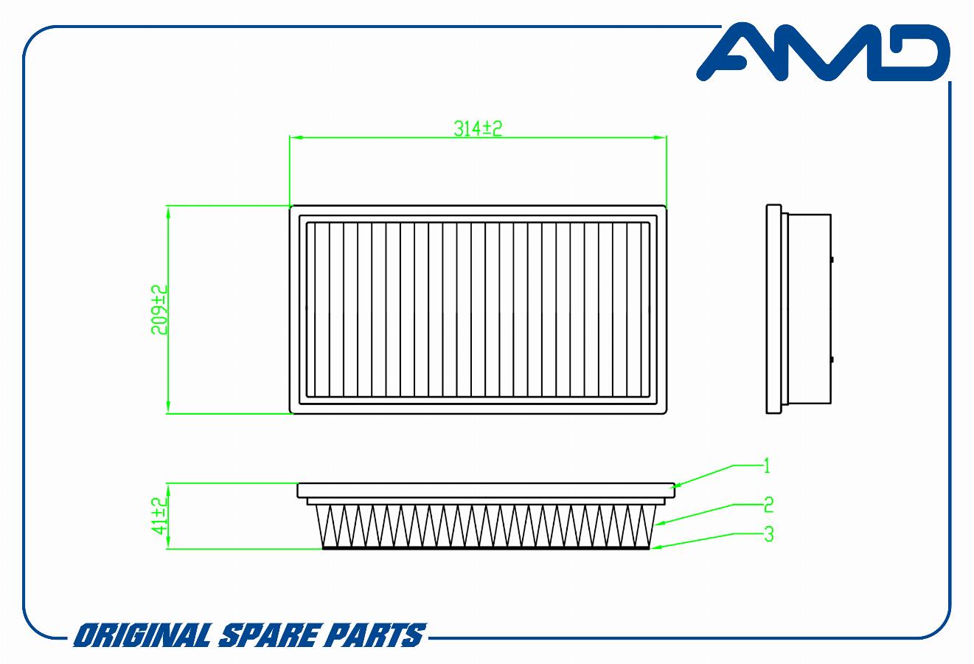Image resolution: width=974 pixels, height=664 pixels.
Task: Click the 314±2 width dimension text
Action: click(478, 128)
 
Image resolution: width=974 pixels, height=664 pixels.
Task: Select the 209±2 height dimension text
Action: click(159, 310)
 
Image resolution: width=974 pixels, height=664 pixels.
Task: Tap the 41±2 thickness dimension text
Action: click(159, 516)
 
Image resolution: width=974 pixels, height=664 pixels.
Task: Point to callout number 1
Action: click(767, 466)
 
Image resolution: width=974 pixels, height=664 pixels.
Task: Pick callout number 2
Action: click(769, 505)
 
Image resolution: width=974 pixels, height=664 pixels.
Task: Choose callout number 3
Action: click(769, 534)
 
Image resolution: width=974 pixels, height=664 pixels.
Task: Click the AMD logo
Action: click(823, 52)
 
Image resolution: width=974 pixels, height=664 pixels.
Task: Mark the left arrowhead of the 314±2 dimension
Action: click(296, 137)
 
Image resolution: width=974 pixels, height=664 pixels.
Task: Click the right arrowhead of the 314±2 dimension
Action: click(661, 137)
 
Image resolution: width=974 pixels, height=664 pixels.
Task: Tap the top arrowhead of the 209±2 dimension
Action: click(169, 212)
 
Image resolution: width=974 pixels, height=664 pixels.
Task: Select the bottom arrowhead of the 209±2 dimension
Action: click(169, 407)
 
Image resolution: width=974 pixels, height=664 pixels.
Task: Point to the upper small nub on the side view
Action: click(832, 260)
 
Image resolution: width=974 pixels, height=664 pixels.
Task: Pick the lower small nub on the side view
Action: click(832, 360)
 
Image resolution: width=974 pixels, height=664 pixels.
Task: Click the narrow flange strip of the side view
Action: click(774, 309)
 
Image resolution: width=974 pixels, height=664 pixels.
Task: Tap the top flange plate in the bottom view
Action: click(486, 491)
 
